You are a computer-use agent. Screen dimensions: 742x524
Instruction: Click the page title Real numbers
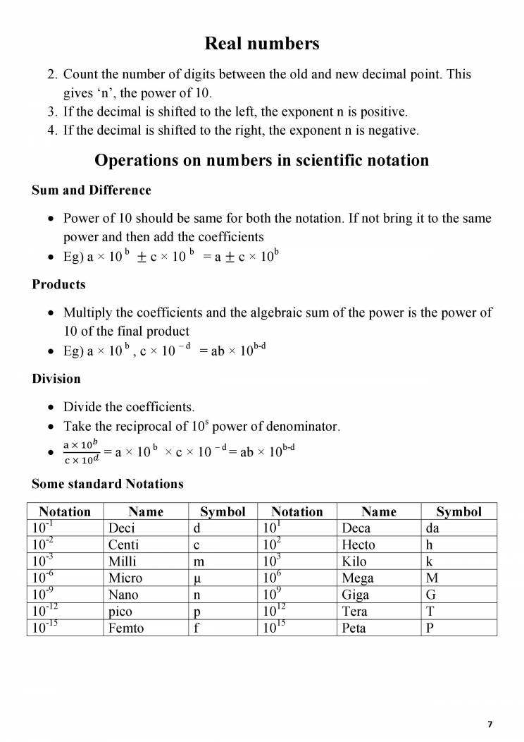[x=261, y=44]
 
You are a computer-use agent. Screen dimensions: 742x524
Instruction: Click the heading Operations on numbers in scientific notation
[x=261, y=160]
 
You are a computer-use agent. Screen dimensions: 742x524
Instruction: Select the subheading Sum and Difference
[x=91, y=190]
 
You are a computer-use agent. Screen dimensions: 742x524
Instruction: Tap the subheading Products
[x=58, y=284]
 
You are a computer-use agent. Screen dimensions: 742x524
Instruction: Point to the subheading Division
[x=56, y=379]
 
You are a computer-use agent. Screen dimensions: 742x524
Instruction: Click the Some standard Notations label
[x=107, y=484]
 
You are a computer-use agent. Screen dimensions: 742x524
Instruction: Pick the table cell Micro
[x=125, y=578]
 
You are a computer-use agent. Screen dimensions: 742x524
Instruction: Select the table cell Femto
[x=126, y=627]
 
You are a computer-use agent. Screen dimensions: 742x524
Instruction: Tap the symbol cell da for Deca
[x=433, y=528]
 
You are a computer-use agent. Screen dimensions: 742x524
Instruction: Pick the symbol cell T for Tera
[x=430, y=611]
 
